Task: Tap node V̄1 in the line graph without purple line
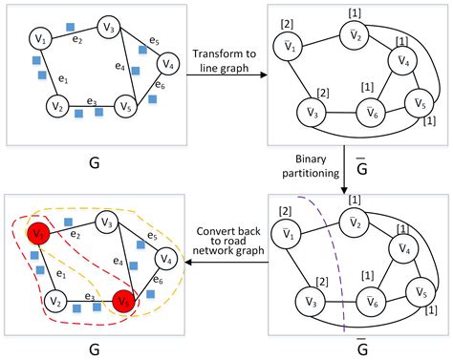(289, 43)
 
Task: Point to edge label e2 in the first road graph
(79, 40)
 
